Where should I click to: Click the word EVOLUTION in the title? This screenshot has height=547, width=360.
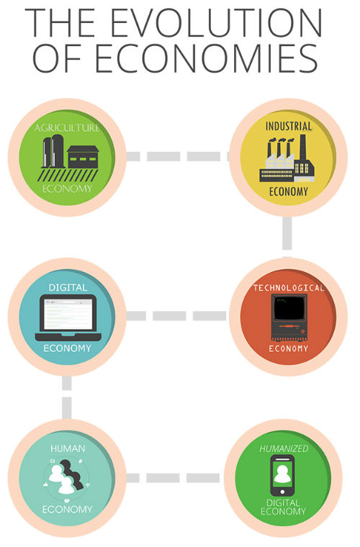pos(216,23)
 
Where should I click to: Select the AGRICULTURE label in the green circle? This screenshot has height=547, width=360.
pos(67,127)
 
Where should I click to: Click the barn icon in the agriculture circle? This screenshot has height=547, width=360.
pos(83,157)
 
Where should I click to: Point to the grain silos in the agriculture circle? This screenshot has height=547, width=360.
pos(53,151)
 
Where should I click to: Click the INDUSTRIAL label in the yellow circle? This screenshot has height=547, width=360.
pos(289,126)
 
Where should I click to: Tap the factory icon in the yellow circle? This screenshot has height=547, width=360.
pos(287,158)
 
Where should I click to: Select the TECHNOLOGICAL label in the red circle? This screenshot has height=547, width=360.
pos(289,288)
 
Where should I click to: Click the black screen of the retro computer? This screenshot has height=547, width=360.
pos(289,308)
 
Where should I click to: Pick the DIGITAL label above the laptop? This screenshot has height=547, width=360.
pos(68,287)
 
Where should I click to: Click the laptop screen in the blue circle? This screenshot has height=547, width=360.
pos(68,314)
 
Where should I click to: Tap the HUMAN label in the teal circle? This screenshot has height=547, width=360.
pos(68,448)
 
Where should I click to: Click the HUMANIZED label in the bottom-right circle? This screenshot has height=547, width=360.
pos(284,448)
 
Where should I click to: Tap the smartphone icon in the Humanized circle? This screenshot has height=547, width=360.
pos(282,476)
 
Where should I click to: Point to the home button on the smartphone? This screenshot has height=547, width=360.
pos(282,492)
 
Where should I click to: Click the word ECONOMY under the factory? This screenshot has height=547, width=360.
pos(289,191)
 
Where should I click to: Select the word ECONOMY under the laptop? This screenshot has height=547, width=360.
pos(68,348)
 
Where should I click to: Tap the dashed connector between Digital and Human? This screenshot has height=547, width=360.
pos(67,398)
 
